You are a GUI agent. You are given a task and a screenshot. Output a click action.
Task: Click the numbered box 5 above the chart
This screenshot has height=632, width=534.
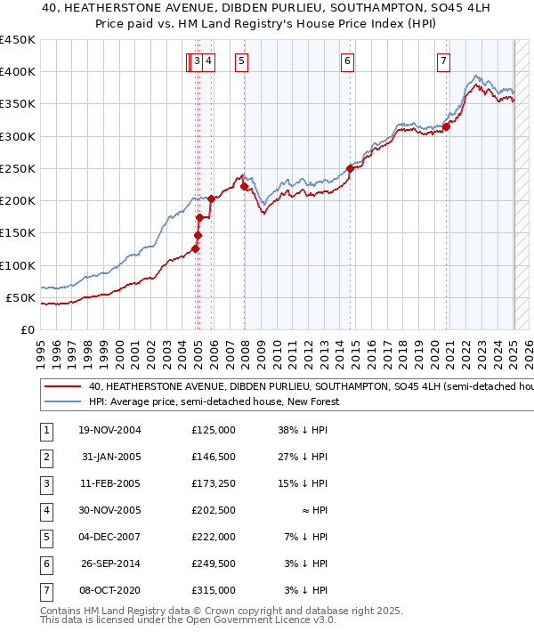[x=242, y=61]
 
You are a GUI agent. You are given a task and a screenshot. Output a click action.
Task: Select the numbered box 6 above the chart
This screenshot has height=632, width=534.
[x=347, y=61]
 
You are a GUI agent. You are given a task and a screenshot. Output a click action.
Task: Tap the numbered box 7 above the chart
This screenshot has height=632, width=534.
[x=443, y=61]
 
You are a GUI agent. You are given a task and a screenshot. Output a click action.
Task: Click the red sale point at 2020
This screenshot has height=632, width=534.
[x=447, y=126]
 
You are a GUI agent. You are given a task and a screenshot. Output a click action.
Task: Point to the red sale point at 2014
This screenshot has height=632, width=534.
[x=350, y=168]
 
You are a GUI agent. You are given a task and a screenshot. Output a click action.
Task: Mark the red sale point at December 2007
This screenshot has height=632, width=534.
[x=244, y=186]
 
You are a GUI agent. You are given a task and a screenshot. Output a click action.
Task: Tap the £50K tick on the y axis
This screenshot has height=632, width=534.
[x=20, y=297]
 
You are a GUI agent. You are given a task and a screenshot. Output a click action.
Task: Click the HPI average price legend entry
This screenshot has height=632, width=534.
[x=214, y=402]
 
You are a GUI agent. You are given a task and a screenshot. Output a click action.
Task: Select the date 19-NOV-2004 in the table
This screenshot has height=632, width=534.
[x=110, y=430]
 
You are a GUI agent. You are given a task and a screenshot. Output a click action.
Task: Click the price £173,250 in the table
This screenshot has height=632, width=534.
[x=213, y=485]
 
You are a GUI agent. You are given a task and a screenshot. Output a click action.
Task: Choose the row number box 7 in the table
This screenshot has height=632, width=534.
[x=45, y=590]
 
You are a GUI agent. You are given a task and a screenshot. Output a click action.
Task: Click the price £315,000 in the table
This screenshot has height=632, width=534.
[x=213, y=590]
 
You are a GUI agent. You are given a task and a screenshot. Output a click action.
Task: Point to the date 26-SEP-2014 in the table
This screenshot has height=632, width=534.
[x=110, y=563]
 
